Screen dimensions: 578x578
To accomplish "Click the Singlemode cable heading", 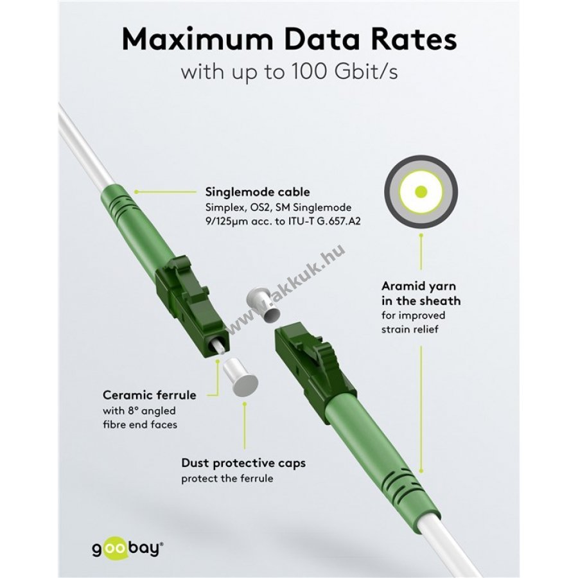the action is click(x=258, y=192).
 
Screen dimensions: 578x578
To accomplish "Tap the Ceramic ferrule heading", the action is click(x=149, y=395).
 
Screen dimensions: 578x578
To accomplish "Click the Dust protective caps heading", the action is click(x=243, y=463).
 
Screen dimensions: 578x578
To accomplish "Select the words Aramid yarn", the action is click(x=419, y=286).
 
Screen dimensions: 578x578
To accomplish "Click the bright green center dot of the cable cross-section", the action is click(x=421, y=191).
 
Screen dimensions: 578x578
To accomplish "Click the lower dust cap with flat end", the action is click(x=240, y=377).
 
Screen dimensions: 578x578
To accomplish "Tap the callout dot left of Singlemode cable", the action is click(x=136, y=192).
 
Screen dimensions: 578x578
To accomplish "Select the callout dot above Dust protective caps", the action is click(x=245, y=404).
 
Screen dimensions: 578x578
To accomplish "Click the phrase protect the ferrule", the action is click(x=227, y=478).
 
